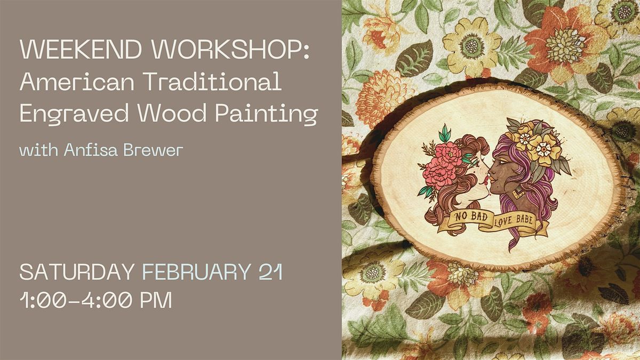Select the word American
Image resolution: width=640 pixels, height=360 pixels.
[77, 82]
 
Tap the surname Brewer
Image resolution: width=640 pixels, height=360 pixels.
[153, 150]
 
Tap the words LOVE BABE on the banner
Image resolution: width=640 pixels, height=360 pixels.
[514, 220]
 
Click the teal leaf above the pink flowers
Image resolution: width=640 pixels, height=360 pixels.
[445, 134]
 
